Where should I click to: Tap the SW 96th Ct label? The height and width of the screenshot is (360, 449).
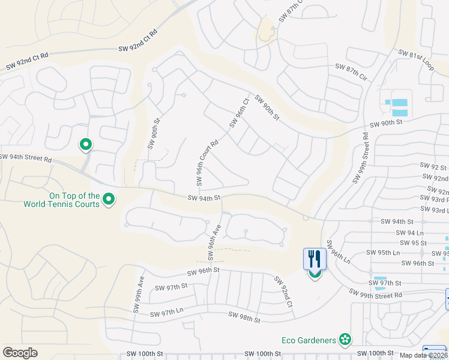point(238,113)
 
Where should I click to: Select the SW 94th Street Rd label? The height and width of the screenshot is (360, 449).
point(26,158)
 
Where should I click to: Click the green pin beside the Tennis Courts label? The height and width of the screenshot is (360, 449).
point(109,199)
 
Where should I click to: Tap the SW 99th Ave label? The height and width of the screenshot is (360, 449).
point(139,289)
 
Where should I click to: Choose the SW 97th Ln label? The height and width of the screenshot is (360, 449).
point(166,313)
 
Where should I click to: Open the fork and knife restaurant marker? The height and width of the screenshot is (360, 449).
point(315,260)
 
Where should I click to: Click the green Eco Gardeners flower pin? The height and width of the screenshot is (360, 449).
point(345,340)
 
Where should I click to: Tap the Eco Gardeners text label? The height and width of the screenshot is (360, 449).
point(309,340)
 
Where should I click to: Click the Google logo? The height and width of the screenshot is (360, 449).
point(20,353)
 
